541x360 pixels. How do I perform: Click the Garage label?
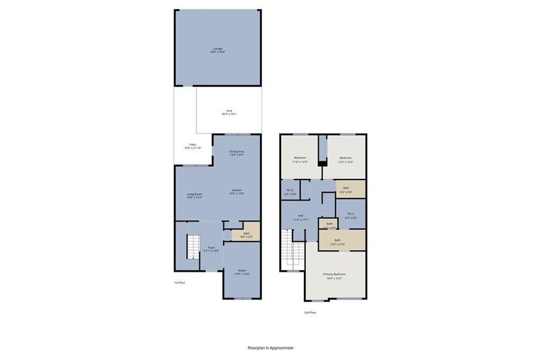point(217,50)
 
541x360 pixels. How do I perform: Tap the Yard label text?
point(229,112)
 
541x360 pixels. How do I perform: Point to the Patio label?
point(193,146)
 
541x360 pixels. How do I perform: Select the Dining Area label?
point(237,153)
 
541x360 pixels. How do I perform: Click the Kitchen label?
point(237,192)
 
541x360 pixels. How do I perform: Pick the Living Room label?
point(194,196)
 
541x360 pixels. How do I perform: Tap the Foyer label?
point(211,248)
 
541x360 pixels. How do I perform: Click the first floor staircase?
point(192,247)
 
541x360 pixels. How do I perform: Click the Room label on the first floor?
point(242,272)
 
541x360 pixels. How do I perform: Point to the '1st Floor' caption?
point(179,282)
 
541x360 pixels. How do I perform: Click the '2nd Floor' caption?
point(309,312)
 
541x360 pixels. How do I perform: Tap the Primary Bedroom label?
point(335,276)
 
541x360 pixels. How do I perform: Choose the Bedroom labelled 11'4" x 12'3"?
point(299,160)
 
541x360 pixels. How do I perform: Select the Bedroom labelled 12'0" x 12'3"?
point(345,160)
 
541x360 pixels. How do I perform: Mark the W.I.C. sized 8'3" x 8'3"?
point(351,215)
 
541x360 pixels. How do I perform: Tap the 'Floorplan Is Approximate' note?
point(270,347)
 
